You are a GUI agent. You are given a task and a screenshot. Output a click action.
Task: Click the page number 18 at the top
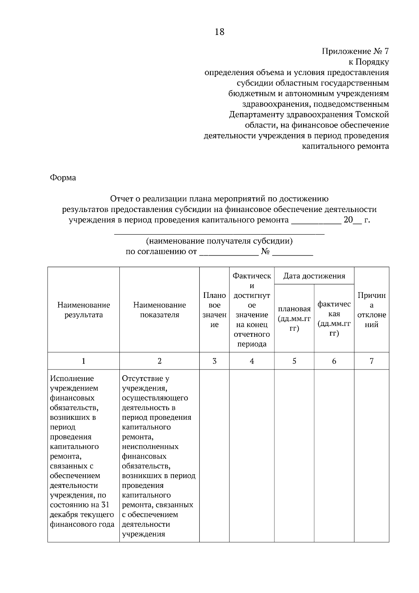[220, 32]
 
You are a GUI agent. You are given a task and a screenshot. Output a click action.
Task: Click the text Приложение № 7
[355, 52]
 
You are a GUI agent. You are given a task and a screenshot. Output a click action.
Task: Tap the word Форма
[63, 178]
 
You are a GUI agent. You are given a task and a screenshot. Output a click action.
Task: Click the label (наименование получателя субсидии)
[219, 241]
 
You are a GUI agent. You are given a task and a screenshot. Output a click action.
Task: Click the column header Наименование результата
[83, 310]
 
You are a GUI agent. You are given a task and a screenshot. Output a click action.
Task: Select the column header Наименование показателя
[160, 310]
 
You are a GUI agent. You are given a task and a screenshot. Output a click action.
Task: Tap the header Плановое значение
[214, 310]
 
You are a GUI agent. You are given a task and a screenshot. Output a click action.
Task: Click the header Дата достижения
[314, 276]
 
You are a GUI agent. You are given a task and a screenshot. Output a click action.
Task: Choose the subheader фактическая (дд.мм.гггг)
[334, 319]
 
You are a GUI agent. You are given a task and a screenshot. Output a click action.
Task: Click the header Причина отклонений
[372, 310]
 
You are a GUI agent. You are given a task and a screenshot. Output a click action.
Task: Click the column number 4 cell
[252, 361]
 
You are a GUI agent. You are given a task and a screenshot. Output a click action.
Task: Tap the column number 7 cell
[372, 361]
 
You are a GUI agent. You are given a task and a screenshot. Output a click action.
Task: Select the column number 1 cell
[83, 361]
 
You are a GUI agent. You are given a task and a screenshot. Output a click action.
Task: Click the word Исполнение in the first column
[72, 379]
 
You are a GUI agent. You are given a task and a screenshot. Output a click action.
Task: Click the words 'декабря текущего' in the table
[82, 514]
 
